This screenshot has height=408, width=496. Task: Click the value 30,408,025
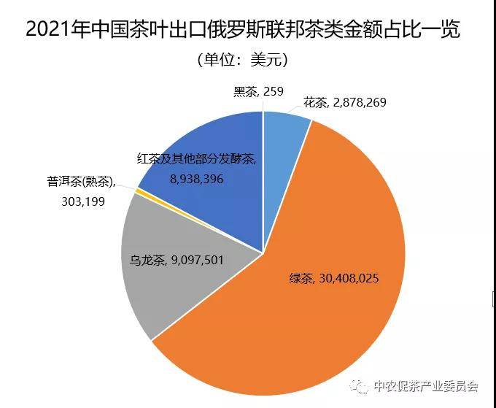(349, 279)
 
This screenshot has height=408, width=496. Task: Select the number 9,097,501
(197, 261)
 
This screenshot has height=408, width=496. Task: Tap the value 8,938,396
(196, 179)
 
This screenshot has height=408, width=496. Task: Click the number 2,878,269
(360, 103)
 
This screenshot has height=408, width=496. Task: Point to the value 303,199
(83, 201)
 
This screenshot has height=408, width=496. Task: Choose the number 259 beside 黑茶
(274, 91)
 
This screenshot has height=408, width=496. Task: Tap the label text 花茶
(315, 103)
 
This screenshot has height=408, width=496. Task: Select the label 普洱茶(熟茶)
(81, 182)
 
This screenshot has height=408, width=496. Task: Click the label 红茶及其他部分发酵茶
(197, 158)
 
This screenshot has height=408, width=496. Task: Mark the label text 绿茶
(301, 279)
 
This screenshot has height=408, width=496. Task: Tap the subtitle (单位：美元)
(243, 60)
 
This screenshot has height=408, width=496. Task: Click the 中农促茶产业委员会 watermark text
(426, 386)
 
